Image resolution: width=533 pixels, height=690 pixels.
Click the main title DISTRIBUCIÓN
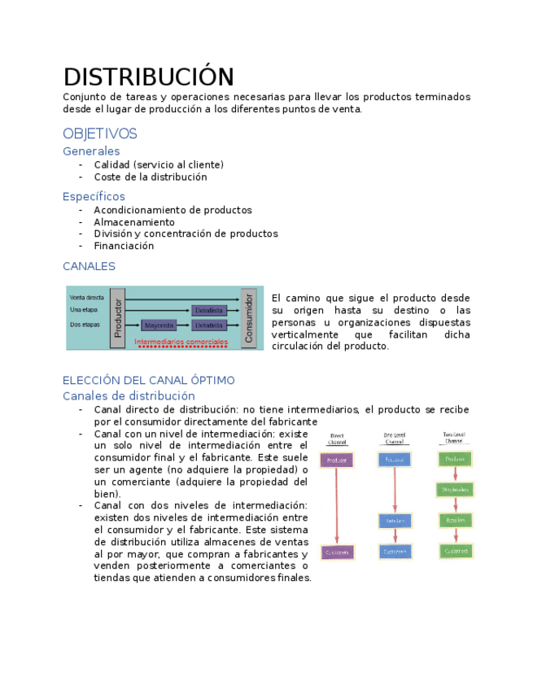[x=149, y=76]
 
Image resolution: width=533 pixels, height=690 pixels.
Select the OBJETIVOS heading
[x=99, y=133]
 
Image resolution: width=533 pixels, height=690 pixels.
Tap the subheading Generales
[x=91, y=151]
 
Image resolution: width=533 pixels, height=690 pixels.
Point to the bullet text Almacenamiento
[x=134, y=222]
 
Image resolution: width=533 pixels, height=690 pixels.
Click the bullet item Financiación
[x=124, y=246]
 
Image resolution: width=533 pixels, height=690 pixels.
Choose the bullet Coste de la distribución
[x=151, y=177]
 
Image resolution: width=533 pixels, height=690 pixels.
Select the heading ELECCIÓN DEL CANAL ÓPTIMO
[x=149, y=380]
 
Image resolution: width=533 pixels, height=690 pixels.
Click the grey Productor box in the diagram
[x=118, y=318]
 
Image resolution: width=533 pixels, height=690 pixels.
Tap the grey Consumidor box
[x=249, y=318]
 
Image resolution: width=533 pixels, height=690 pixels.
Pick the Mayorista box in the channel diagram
[x=159, y=325]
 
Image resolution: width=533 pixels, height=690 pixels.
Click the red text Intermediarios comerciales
[x=181, y=343]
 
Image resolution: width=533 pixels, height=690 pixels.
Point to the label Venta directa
[x=87, y=298]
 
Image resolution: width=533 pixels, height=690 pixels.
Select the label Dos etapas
[x=85, y=325]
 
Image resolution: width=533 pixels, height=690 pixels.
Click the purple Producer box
[x=336, y=461]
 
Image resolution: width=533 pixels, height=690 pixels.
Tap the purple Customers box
[x=336, y=552]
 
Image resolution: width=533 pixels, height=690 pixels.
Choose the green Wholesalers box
[x=456, y=490]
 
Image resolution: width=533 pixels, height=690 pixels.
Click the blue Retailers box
[x=395, y=521]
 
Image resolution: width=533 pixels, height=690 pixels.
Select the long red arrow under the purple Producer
[x=336, y=506]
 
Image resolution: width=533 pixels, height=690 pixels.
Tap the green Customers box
[x=456, y=551]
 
